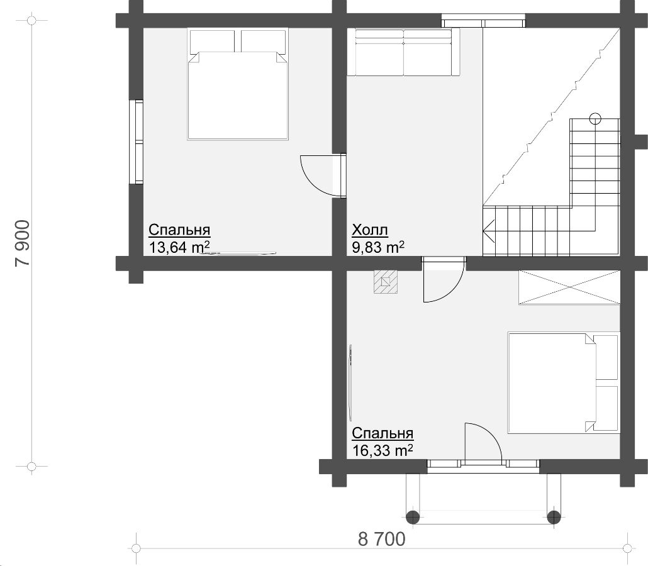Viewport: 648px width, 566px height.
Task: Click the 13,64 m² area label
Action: [179, 247]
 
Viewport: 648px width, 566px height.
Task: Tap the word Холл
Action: [370, 230]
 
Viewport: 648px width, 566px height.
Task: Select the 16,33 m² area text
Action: [383, 450]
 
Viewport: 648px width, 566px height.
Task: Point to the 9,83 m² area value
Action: [377, 247]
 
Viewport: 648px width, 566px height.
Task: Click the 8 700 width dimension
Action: [381, 539]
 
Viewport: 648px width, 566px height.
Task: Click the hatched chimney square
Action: [386, 282]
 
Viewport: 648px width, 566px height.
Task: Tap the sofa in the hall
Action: [403, 52]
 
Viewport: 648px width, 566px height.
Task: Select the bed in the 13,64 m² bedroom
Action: [237, 84]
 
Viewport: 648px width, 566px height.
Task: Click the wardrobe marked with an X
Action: [569, 288]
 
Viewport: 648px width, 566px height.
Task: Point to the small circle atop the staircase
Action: [595, 119]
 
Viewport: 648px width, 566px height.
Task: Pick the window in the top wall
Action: [484, 21]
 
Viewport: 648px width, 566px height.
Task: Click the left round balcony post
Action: [413, 516]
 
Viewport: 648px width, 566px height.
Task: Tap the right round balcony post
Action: [554, 516]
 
